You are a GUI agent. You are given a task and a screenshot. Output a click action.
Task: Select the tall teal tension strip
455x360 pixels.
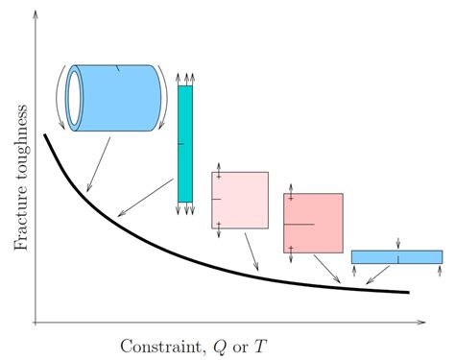[x=184, y=144]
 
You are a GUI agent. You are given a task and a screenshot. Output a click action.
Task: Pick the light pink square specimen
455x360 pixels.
[x=240, y=200]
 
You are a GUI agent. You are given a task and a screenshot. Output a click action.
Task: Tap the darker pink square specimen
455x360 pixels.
[x=314, y=223]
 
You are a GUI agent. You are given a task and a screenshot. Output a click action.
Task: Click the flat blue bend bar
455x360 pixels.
[x=396, y=256]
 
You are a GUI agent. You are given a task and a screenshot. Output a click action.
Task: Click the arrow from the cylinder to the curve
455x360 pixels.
[x=98, y=163]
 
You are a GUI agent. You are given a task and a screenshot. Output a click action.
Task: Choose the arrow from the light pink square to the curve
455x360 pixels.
[x=251, y=252]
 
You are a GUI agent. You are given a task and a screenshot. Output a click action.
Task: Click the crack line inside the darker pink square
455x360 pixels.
[x=299, y=224]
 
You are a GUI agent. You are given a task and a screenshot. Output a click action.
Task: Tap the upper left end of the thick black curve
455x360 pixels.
[x=45, y=135]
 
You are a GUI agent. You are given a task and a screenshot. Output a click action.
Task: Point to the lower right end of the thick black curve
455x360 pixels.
[x=408, y=292]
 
